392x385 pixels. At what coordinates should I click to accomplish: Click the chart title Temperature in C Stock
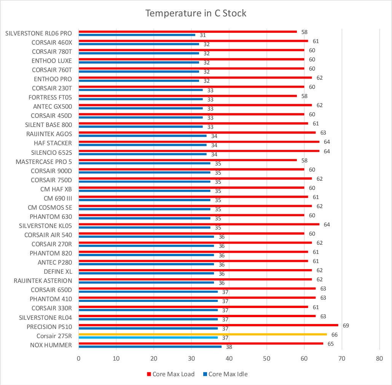click(x=196, y=13)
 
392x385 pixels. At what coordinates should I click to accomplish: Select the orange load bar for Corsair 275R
click(x=202, y=334)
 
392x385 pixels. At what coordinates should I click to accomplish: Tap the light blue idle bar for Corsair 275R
click(x=148, y=337)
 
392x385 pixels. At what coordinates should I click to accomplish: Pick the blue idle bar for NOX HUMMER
click(x=150, y=346)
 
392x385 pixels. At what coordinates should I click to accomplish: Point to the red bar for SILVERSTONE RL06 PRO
click(x=187, y=32)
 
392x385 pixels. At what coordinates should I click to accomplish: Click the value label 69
click(x=346, y=326)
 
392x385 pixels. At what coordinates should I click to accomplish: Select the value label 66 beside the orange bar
click(x=334, y=335)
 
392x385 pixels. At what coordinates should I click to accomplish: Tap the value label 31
click(x=203, y=35)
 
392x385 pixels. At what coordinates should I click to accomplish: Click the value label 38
click(x=229, y=347)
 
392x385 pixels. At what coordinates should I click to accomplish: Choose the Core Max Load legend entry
click(x=171, y=374)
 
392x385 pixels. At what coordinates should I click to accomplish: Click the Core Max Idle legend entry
click(x=225, y=374)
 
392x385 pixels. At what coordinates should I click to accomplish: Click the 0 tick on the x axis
click(x=78, y=359)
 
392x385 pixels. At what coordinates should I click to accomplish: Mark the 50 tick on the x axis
click(x=267, y=359)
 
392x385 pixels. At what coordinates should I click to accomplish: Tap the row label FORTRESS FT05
click(x=50, y=97)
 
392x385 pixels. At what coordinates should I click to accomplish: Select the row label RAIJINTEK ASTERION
click(x=43, y=281)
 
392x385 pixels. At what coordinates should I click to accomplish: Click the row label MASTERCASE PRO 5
click(x=44, y=162)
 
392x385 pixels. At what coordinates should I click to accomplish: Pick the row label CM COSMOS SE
click(x=50, y=207)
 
